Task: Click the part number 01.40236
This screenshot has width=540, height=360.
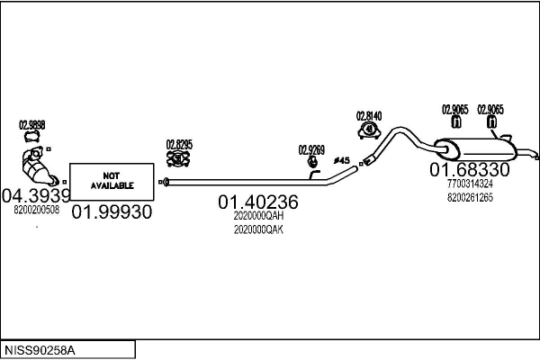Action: tap(257, 203)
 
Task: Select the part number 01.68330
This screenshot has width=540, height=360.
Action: tap(469, 169)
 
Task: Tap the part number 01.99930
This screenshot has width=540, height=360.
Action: tap(112, 211)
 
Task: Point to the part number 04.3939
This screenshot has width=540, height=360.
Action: tap(36, 194)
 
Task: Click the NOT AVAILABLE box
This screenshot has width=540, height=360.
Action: tap(112, 180)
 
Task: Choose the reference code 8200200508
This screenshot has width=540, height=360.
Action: tap(37, 210)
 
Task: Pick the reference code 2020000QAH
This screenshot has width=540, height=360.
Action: tap(258, 217)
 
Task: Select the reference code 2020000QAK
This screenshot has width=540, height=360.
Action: tap(258, 229)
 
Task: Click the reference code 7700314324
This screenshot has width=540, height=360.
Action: tap(469, 184)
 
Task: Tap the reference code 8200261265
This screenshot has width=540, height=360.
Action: tap(469, 198)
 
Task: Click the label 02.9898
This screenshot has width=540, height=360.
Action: tap(32, 125)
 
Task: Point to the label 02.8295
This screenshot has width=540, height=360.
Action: tap(179, 143)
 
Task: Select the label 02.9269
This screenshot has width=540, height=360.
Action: tap(311, 149)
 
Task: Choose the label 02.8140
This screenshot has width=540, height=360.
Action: tap(369, 115)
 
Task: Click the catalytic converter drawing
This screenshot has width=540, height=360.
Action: tap(37, 167)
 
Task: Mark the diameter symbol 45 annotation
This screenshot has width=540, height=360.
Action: tap(341, 160)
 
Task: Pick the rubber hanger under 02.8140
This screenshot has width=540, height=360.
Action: tap(369, 131)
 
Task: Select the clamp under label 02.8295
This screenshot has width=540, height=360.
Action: tap(179, 159)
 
